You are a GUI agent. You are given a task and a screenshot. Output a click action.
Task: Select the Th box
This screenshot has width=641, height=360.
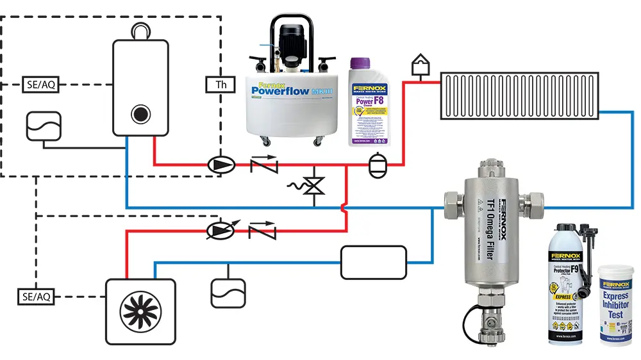(221, 84)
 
